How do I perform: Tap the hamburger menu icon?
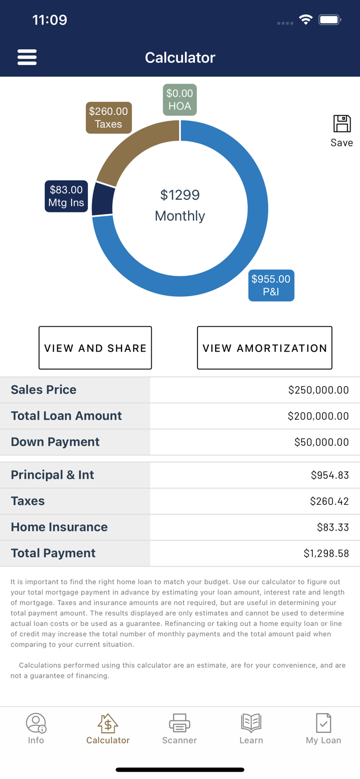pos(27,57)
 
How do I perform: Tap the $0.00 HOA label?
pos(180,100)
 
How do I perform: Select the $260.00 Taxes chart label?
pos(109,118)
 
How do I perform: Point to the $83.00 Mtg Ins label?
pos(66,196)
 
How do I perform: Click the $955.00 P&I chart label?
pos(271,285)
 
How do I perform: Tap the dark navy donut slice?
pos(102,199)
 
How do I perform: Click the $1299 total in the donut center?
pos(180,195)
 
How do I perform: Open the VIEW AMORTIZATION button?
pos(264,348)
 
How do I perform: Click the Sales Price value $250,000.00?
pos(318,390)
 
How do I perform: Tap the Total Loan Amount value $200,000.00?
pos(318,416)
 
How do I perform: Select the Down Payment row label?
pos(55,442)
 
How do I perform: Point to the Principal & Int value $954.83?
pos(330,475)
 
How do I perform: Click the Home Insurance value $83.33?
pos(332,527)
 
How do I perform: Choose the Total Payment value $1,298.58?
pos(326,554)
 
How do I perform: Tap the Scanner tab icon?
pos(179,722)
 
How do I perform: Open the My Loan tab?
pos(323,729)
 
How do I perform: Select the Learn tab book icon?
pos(251,722)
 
